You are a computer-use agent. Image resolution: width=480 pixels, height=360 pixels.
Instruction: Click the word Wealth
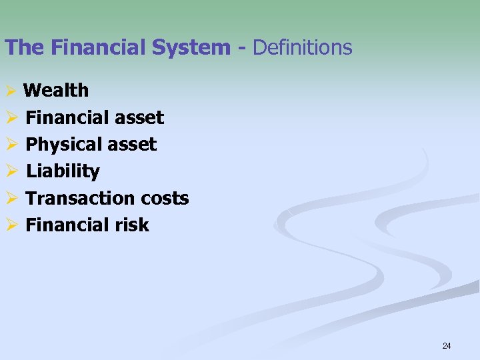pyautogui.click(x=56, y=90)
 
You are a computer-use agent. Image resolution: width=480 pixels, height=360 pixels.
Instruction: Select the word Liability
pyautogui.click(x=63, y=171)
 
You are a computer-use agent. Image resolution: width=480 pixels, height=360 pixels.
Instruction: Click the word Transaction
pyautogui.click(x=81, y=198)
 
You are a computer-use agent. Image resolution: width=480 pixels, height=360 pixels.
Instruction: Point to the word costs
pyautogui.click(x=165, y=198)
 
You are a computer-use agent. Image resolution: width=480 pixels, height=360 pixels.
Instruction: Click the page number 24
pyautogui.click(x=447, y=345)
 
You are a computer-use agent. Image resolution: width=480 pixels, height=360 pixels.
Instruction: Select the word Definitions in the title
pyautogui.click(x=303, y=47)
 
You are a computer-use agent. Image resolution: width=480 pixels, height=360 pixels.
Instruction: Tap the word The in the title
pyautogui.click(x=23, y=47)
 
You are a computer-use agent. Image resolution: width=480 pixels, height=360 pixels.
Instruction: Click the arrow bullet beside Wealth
pyautogui.click(x=9, y=91)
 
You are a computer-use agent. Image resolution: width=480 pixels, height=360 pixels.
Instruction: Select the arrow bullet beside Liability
pyautogui.click(x=9, y=172)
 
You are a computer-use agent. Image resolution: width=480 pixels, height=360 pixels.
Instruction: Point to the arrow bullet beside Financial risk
pyautogui.click(x=9, y=225)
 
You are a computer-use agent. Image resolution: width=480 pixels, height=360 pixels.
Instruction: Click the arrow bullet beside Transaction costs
pyautogui.click(x=9, y=199)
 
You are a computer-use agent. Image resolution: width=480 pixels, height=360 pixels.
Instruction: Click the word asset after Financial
pyautogui.click(x=139, y=118)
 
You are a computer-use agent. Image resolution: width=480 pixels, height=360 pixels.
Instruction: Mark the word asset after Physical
pyautogui.click(x=133, y=145)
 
